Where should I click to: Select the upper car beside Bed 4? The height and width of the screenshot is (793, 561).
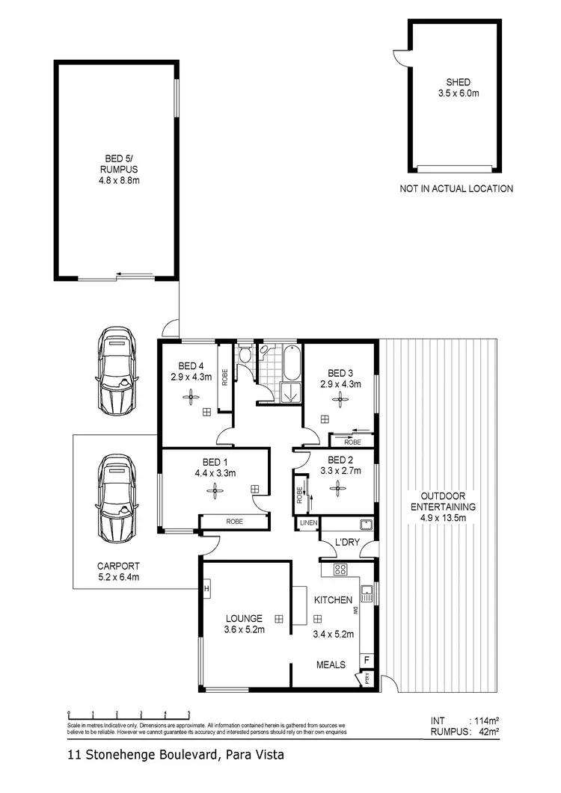117,371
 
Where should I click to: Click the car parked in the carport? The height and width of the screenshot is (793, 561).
117,498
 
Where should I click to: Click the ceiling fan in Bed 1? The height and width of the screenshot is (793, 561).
215,490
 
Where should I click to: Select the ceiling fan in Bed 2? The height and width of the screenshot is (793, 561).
338,487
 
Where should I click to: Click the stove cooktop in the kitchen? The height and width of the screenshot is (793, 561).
340,570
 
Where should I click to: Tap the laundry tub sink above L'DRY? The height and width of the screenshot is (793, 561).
366,524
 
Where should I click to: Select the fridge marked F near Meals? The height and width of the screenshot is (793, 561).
367,660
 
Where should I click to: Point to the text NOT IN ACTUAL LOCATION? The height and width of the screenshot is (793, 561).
456,189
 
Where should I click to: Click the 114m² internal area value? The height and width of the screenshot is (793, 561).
483,721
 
